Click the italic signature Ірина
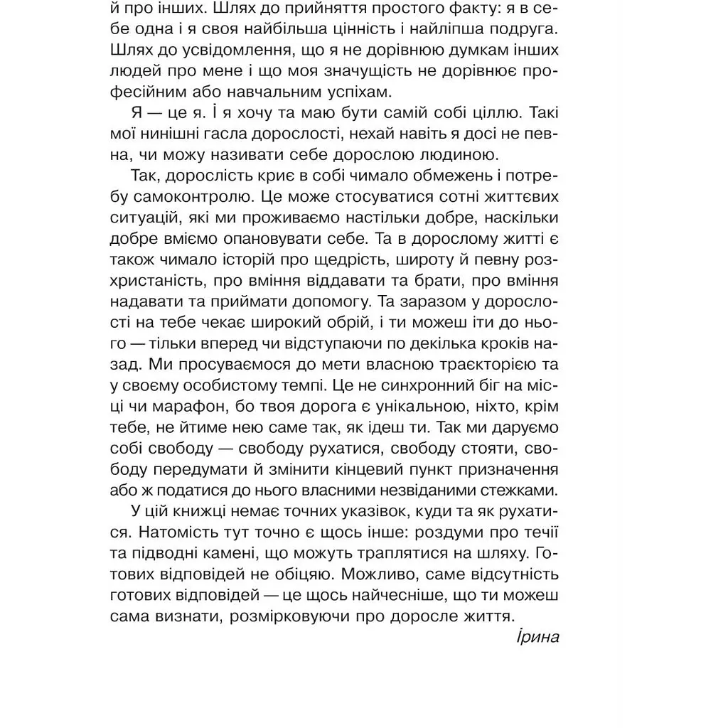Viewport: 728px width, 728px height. coord(538,636)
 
